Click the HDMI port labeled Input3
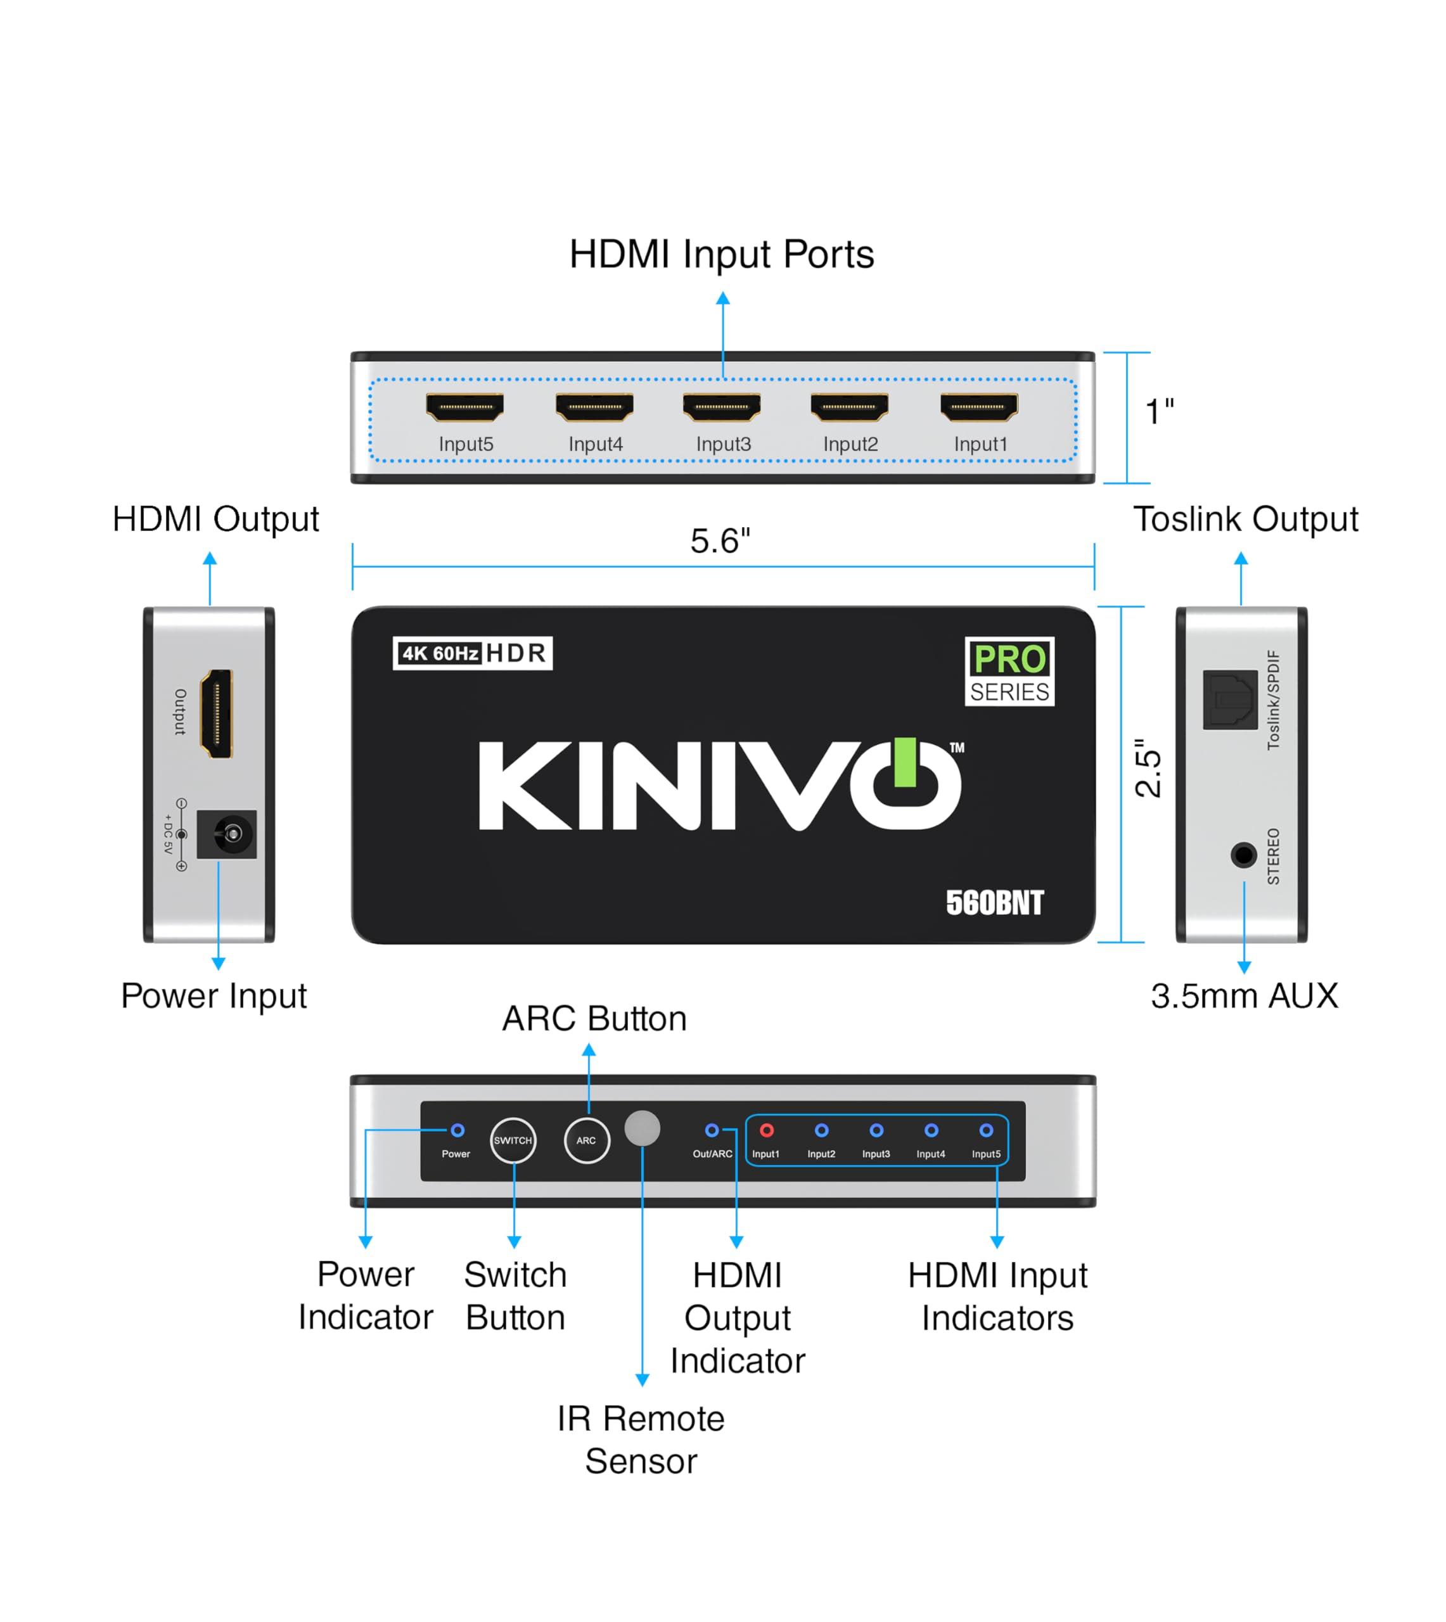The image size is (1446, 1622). tap(721, 407)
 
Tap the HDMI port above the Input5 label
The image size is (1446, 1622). tap(465, 407)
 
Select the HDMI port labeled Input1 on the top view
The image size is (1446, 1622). tap(979, 407)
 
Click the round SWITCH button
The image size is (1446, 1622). tap(513, 1140)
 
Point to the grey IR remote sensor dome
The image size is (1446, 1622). tap(642, 1128)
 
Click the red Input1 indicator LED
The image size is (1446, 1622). tap(767, 1130)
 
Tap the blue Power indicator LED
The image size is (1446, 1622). tap(457, 1130)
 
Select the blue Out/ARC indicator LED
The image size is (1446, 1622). tap(712, 1130)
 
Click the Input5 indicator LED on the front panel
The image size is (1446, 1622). tap(986, 1130)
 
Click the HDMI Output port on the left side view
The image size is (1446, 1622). tap(217, 713)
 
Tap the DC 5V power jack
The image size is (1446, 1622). tap(228, 834)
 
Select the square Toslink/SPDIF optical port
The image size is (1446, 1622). tap(1230, 699)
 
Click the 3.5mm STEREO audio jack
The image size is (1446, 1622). tap(1243, 855)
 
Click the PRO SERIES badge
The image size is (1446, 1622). tap(1009, 671)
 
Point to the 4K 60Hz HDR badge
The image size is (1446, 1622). tap(473, 653)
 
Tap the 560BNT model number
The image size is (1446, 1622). tap(994, 903)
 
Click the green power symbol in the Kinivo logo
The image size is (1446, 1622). tap(905, 763)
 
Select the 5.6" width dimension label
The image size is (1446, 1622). tap(720, 542)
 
